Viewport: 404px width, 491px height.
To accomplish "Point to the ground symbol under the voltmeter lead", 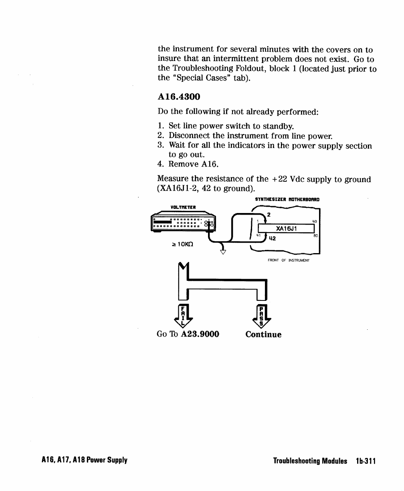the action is tap(222, 252).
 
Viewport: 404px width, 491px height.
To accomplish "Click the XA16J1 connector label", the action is tap(286, 228).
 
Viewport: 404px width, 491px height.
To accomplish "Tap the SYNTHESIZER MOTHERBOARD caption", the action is tap(287, 199).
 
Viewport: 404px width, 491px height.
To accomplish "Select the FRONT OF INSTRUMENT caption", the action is tap(289, 260).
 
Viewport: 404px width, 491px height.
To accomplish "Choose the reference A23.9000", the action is tap(200, 334).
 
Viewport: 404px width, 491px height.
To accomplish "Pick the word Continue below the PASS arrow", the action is tap(263, 335).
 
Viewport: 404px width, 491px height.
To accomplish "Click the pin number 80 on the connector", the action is tap(315, 236).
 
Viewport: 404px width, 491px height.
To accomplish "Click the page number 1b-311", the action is tap(366, 461).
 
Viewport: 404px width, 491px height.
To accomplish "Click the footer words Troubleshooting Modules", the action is tap(310, 461).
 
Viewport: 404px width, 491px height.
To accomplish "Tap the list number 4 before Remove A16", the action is tap(160, 164).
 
